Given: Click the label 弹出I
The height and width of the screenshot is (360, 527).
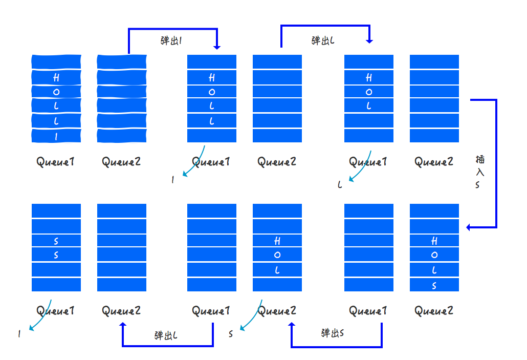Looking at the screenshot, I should point(171,41).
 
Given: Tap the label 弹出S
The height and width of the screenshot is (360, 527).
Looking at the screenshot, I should point(333,333).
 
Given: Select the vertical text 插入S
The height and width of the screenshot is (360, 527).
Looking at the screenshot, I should point(479,172).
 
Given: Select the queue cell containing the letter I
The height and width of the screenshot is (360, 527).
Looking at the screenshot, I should point(56,136).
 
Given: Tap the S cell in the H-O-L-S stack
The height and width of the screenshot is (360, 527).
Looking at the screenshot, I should point(434,285).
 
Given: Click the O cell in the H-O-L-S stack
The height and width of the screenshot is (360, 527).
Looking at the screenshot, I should point(434,255).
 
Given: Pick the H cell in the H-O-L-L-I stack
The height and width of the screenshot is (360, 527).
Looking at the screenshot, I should point(56,78).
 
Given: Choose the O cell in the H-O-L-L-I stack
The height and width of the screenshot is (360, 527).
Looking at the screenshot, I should point(56,92).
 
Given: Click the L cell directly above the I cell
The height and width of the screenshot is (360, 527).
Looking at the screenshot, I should point(56,121).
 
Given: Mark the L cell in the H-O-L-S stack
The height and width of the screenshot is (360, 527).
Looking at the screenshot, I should point(434,270).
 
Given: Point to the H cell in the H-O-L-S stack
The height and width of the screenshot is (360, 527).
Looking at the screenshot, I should point(434,241).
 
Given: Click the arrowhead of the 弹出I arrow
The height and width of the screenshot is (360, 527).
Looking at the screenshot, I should point(217,47).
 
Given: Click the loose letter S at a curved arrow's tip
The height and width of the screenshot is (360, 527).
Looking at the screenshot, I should point(231,334).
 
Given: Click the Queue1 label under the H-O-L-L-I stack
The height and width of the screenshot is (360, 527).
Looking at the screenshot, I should point(56,162).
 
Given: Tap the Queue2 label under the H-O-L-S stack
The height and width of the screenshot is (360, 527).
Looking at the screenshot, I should point(434,310).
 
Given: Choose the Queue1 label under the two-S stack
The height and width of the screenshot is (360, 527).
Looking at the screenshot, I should point(56,310).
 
